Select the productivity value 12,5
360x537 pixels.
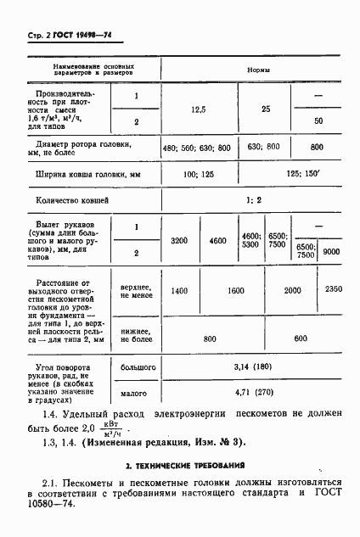198,109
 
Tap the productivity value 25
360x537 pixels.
266,109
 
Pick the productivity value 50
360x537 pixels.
318,121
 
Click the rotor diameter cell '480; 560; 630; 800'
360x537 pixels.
196,147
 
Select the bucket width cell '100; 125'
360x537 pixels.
197,174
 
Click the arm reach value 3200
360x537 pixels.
178,240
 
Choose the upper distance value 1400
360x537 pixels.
178,290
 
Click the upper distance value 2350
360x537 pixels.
334,290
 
